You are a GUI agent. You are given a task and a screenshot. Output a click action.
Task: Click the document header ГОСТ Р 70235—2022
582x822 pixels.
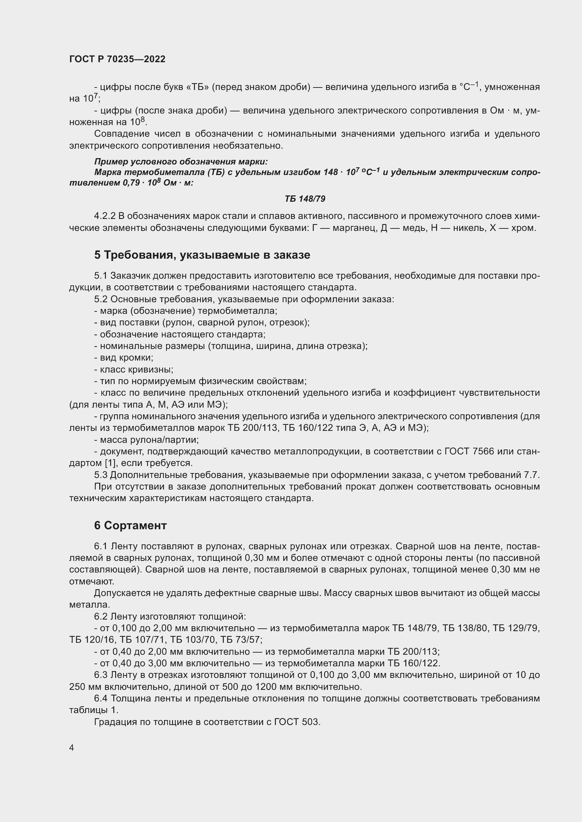pyautogui.click(x=117, y=59)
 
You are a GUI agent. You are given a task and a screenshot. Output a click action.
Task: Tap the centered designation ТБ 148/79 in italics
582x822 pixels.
pyautogui.click(x=305, y=199)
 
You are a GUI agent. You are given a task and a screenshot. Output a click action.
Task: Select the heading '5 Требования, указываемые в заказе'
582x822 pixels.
pyautogui.click(x=202, y=255)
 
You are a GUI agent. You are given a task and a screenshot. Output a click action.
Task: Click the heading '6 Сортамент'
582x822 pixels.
pyautogui.click(x=131, y=525)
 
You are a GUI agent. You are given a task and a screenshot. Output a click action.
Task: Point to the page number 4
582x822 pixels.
pyautogui.click(x=72, y=747)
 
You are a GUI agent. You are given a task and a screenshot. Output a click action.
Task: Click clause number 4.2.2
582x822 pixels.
pyautogui.click(x=105, y=216)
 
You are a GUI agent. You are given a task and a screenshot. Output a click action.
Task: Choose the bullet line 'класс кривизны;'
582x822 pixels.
pyautogui.click(x=134, y=369)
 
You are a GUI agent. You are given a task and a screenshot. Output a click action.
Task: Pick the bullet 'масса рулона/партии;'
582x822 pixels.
pyautogui.click(x=146, y=440)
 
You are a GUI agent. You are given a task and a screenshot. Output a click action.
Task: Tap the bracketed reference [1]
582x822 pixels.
pyautogui.click(x=109, y=463)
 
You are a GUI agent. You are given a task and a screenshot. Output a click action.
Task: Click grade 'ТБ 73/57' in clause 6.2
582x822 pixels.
pyautogui.click(x=240, y=640)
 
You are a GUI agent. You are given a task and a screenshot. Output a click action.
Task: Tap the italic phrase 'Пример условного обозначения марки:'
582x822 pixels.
pyautogui.click(x=181, y=161)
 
